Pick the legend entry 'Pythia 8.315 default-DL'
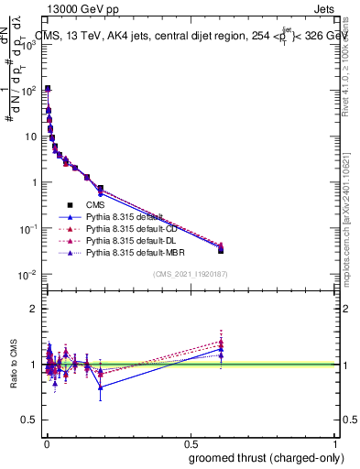coord(133,239)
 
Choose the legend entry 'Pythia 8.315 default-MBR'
coord(135,251)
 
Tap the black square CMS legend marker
coord(70,204)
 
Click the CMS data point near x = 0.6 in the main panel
coord(221,250)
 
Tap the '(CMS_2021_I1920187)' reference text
coord(190,273)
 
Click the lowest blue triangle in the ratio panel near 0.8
coord(101,387)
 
